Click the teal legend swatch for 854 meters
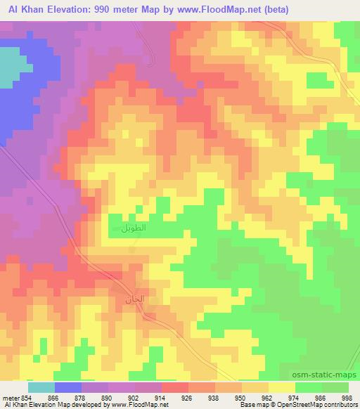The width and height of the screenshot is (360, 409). pos(41,387)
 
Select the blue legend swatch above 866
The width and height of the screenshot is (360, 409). pos(68,387)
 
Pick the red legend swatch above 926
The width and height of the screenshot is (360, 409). pos(175,387)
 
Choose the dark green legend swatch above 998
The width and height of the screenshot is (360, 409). pos(336,387)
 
